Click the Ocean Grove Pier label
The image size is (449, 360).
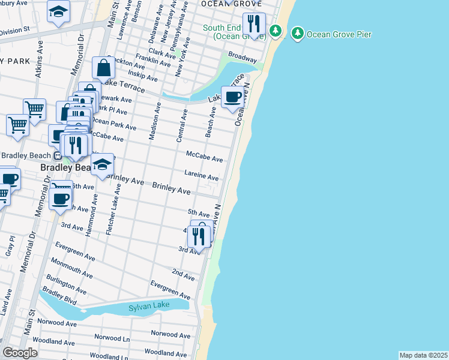pyautogui.click(x=339, y=34)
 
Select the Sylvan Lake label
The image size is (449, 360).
pyautogui.click(x=149, y=307)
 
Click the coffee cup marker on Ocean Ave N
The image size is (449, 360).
pyautogui.click(x=233, y=97)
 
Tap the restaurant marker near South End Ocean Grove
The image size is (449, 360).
pyautogui.click(x=255, y=25)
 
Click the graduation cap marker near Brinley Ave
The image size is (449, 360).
pyautogui.click(x=103, y=166)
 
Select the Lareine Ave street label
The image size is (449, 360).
pyautogui.click(x=202, y=176)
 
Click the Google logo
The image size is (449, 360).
pyautogui.click(x=20, y=353)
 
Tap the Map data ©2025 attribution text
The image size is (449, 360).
pyautogui.click(x=423, y=355)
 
